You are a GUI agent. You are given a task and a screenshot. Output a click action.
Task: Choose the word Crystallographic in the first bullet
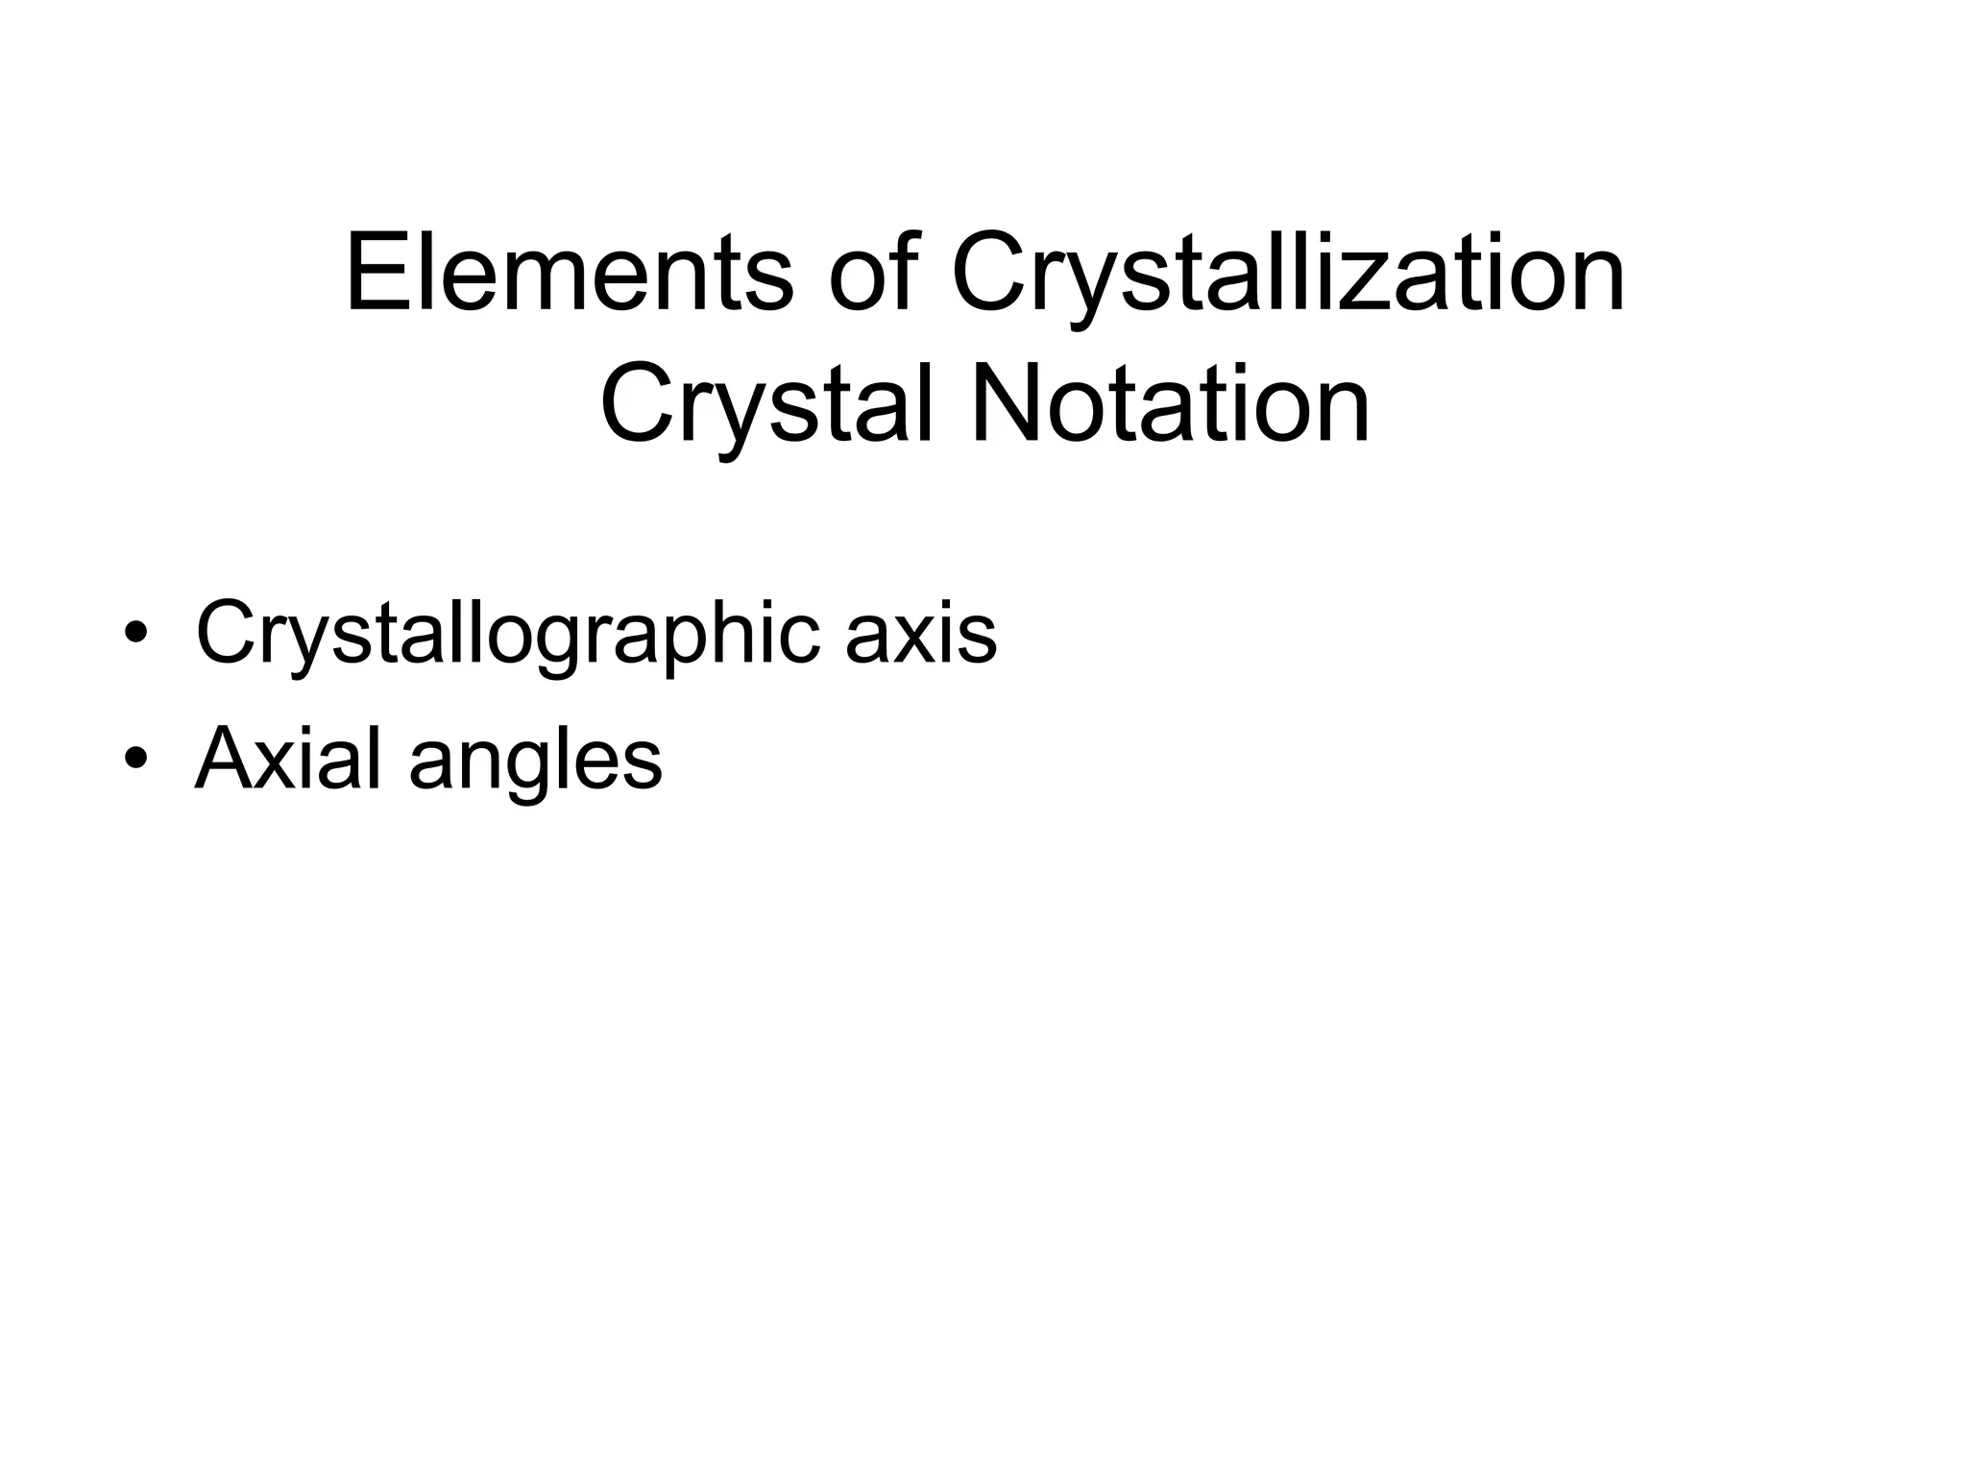pyautogui.click(x=508, y=635)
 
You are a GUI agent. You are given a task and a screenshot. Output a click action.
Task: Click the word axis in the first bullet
pyautogui.click(x=921, y=635)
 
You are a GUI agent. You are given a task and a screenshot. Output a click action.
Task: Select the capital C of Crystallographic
pyautogui.click(x=229, y=635)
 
